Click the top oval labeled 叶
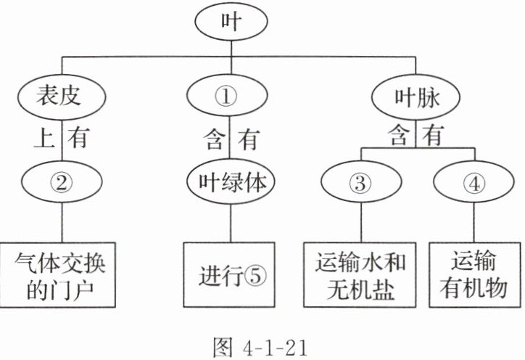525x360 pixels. point(231,22)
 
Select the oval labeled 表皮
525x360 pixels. point(61,97)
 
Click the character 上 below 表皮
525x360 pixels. point(43,139)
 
